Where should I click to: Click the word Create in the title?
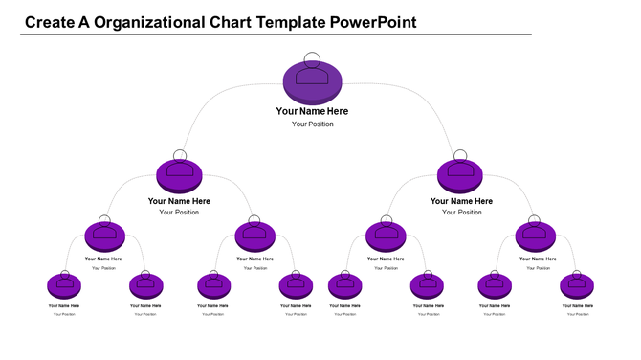coord(49,21)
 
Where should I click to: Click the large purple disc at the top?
coord(312,80)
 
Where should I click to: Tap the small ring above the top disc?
coord(312,57)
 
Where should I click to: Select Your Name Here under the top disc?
coord(312,111)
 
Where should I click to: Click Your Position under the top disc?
coord(312,124)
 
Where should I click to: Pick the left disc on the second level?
coord(179,175)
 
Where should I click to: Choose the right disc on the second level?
coord(461,175)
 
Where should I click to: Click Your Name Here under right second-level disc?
coord(461,201)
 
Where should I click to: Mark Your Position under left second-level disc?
coord(179,213)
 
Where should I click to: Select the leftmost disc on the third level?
coord(104,235)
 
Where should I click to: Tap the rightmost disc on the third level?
coord(535,235)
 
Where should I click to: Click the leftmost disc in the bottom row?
coord(63,284)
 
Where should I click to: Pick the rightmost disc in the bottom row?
coord(577,284)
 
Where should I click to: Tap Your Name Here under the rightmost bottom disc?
coord(577,306)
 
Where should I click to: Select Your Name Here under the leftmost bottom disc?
coord(63,306)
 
